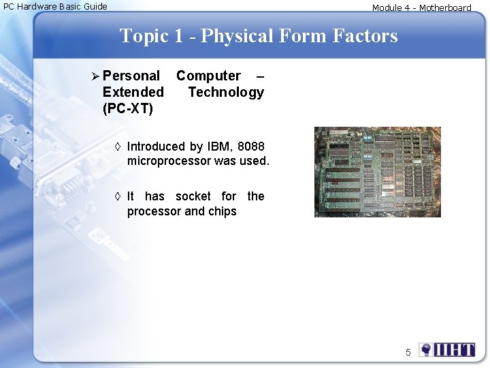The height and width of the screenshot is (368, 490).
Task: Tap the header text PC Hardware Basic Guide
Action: tap(55, 6)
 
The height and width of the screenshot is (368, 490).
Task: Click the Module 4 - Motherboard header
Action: tap(421, 8)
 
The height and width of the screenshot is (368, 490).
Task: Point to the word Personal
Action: tap(131, 76)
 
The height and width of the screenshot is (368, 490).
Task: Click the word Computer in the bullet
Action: tap(208, 76)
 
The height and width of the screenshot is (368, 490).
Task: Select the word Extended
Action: tap(133, 92)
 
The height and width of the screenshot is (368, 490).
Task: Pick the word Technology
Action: tap(226, 92)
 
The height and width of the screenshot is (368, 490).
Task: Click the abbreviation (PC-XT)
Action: tap(128, 108)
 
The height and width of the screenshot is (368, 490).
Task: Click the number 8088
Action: tap(251, 147)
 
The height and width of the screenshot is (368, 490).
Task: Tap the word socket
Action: tap(194, 196)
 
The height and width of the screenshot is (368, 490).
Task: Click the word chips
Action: tap(222, 211)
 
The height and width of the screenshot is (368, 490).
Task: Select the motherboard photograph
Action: tap(377, 172)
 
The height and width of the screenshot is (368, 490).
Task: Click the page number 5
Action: tap(408, 352)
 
